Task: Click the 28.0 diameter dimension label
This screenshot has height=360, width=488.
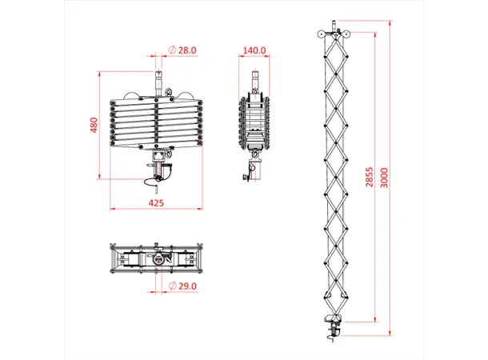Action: click(187, 50)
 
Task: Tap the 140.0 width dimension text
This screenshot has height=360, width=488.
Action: click(254, 50)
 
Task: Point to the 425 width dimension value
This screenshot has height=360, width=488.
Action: click(157, 203)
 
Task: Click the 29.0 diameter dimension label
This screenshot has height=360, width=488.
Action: click(187, 286)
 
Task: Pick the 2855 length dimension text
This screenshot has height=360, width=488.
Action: click(369, 183)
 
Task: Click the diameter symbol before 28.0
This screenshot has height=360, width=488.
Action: click(173, 50)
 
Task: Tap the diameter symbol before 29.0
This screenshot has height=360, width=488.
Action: click(173, 286)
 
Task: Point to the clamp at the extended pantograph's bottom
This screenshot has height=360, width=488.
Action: click(333, 325)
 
